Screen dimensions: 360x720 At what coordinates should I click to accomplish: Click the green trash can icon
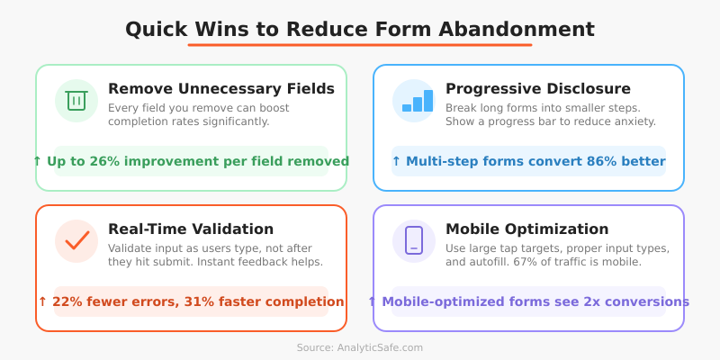click(x=76, y=101)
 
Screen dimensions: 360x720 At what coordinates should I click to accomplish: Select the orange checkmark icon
click(x=76, y=241)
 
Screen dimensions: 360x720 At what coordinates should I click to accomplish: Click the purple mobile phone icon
click(x=414, y=240)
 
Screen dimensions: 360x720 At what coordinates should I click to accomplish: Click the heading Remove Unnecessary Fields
click(x=221, y=88)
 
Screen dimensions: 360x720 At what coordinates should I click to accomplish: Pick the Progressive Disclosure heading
click(x=538, y=88)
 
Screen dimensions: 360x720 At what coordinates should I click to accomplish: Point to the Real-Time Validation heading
click(x=191, y=229)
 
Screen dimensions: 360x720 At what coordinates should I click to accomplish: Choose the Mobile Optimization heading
click(x=527, y=229)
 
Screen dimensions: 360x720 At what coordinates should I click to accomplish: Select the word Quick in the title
click(x=156, y=29)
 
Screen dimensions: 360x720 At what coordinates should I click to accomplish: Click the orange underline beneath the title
click(x=360, y=45)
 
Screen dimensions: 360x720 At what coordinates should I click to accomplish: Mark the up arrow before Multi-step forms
click(x=396, y=162)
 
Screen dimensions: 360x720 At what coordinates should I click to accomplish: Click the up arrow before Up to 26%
click(x=37, y=162)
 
